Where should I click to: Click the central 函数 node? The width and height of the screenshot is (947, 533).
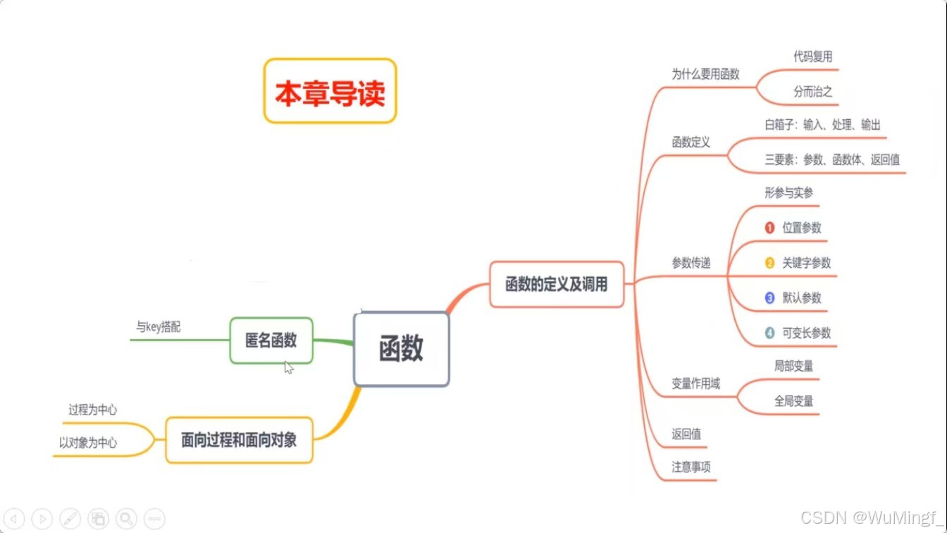(401, 349)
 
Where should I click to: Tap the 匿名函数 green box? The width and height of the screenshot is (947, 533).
(271, 341)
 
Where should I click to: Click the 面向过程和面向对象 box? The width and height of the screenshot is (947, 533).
(239, 441)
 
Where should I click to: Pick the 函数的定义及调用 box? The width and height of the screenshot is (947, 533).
(556, 285)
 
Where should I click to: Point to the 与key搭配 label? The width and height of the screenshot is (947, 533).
(159, 327)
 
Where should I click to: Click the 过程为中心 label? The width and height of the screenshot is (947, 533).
(92, 410)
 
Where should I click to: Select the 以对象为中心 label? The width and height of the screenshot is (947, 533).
(88, 443)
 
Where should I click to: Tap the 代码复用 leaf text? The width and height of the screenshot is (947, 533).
(812, 57)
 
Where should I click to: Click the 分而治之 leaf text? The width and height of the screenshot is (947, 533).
(812, 92)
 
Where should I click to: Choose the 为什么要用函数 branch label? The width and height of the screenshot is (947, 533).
(705, 74)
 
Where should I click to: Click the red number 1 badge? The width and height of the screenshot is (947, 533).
(769, 228)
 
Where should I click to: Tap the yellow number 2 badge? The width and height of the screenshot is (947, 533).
(769, 263)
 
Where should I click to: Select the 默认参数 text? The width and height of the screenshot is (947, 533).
(801, 298)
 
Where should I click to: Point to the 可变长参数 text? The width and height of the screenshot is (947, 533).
(806, 333)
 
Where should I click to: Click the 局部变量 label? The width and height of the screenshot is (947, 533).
(793, 366)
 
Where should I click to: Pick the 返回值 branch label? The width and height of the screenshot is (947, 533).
(686, 434)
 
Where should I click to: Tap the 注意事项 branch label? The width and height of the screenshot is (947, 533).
(691, 467)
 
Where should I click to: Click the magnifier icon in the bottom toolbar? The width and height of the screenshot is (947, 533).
(126, 518)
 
